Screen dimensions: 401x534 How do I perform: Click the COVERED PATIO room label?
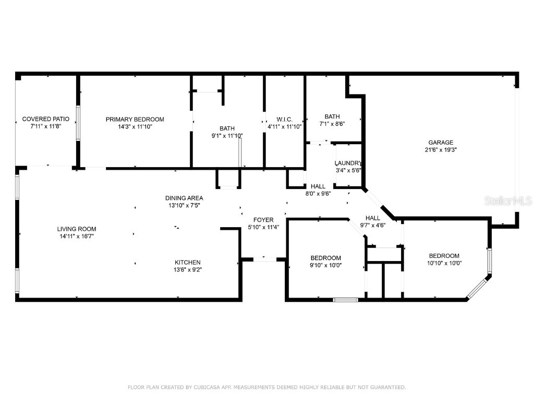tap(46, 119)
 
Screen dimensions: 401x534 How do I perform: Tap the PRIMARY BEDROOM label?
tap(135, 119)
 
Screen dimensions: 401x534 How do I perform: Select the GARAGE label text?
tap(441, 142)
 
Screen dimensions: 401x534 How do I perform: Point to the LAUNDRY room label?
tap(348, 163)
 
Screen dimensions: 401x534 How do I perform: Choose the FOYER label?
tap(263, 220)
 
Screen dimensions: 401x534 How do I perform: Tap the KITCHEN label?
tap(187, 262)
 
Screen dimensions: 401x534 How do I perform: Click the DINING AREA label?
tap(184, 198)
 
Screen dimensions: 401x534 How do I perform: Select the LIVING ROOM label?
tap(77, 229)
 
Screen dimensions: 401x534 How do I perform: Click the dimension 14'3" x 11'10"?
tap(135, 126)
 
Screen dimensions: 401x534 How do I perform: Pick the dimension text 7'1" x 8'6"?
tap(332, 124)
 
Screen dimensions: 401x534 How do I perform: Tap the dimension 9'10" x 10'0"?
tap(325, 265)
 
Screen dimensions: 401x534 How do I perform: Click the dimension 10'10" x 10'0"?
tap(444, 263)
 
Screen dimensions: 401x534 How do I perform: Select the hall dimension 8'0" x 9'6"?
tap(318, 193)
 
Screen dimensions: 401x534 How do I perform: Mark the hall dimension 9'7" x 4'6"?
tap(372, 225)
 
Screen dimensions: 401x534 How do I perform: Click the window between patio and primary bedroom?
tap(78, 123)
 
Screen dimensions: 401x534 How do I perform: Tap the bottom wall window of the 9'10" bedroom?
tap(346, 300)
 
